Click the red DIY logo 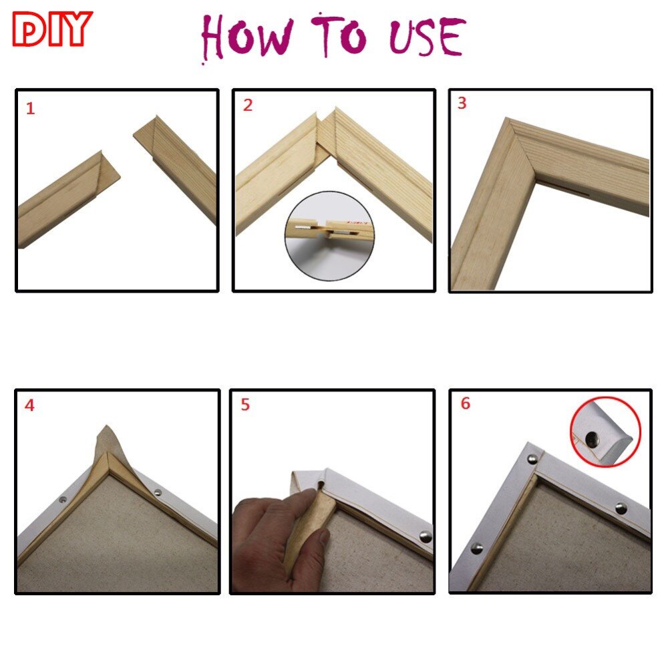(51, 29)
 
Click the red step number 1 (30, 109)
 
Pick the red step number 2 (247, 106)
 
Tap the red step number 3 (462, 104)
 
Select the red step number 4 (29, 405)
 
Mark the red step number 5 (245, 405)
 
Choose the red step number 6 (465, 403)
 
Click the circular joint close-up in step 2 (329, 234)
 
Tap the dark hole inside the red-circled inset (593, 438)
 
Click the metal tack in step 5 (424, 535)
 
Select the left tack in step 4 (63, 499)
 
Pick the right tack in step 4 (158, 493)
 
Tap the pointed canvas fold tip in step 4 (105, 428)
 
